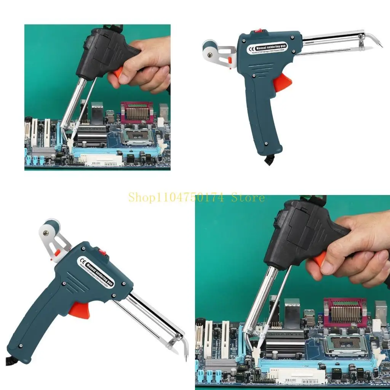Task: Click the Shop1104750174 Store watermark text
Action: pyautogui.click(x=196, y=198)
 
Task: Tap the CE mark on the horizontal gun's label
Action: pyautogui.click(x=252, y=49)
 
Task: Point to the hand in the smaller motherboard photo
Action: pyautogui.click(x=145, y=65)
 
